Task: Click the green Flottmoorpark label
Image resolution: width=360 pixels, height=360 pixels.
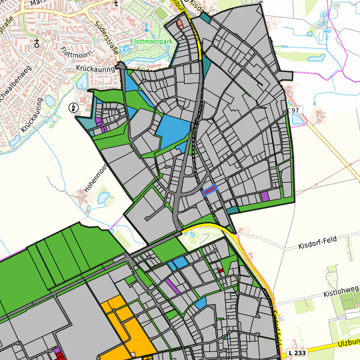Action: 152,41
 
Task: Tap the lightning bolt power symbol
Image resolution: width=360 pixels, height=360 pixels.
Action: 73,108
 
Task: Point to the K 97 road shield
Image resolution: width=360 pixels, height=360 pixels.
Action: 295,109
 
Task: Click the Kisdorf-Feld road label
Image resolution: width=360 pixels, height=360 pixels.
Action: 318,246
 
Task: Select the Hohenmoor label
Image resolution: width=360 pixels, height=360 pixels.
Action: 94,179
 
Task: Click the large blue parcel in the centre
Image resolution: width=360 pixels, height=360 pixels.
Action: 175,133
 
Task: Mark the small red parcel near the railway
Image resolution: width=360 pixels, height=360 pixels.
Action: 221,271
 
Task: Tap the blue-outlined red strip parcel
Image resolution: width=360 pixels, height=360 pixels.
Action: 210,190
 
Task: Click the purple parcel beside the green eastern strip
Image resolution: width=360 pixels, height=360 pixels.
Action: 265,197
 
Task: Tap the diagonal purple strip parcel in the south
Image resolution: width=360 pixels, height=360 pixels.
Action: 172,286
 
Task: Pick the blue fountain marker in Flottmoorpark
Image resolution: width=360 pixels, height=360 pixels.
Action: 145,29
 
